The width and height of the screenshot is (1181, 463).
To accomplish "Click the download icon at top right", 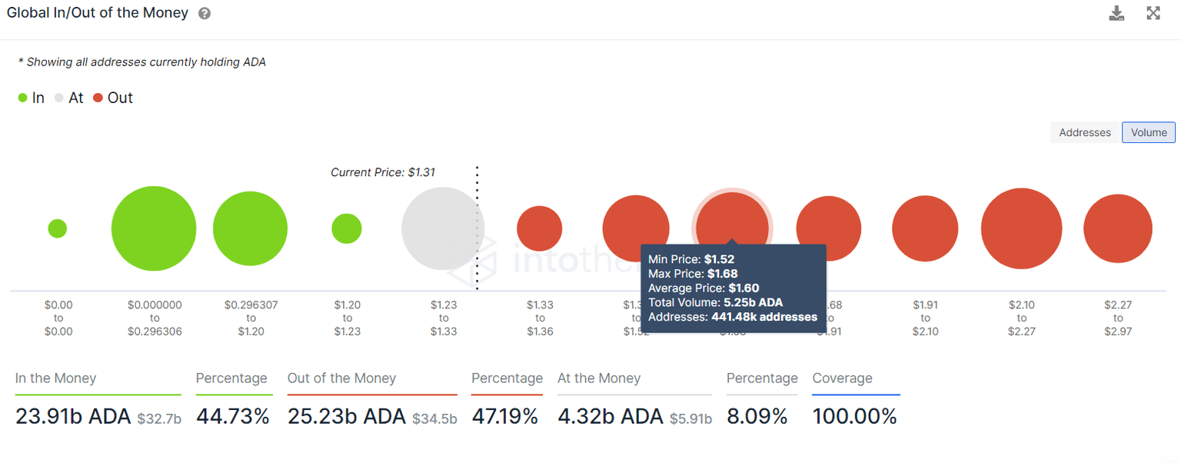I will (1116, 13).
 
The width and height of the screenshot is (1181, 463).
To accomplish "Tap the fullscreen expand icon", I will (1153, 13).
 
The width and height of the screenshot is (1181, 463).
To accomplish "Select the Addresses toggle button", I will (1085, 132).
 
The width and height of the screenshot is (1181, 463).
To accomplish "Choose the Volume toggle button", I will (1149, 132).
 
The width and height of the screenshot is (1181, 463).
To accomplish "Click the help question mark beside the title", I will (204, 14).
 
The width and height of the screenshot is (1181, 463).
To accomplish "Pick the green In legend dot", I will (23, 98).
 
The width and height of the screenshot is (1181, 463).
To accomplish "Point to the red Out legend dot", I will (98, 98).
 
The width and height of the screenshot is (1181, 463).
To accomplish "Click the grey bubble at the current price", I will (441, 228).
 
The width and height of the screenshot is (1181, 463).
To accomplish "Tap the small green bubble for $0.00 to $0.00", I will (57, 228).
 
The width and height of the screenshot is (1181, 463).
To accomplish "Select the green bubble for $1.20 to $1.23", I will (347, 228).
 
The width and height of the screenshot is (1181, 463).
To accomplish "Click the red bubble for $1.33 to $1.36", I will (540, 228).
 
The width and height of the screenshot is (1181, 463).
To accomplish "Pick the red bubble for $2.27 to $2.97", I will (1118, 228).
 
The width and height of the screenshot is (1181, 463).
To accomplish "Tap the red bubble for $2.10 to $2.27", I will (1021, 228).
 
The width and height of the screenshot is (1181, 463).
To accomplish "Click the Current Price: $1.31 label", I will (383, 172).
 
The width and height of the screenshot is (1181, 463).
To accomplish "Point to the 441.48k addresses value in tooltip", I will (764, 317).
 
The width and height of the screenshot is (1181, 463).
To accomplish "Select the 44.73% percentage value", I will (233, 417).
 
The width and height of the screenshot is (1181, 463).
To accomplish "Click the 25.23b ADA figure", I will (347, 417).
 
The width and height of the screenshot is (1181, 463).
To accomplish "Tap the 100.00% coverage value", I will (855, 417).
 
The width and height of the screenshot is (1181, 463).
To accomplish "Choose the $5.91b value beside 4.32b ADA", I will (690, 419).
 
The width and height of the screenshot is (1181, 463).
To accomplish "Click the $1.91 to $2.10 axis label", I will (925, 318).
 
